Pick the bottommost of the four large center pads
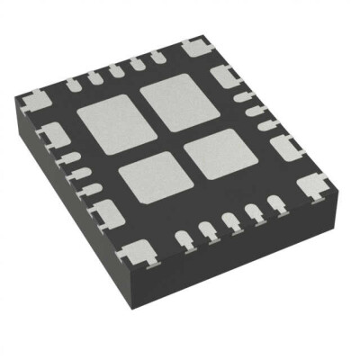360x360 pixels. pos(150,175)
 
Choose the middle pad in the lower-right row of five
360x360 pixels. pos(229,222)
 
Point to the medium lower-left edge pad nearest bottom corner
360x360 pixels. pos(106,213)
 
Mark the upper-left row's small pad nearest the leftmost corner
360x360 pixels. pos(74,83)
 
